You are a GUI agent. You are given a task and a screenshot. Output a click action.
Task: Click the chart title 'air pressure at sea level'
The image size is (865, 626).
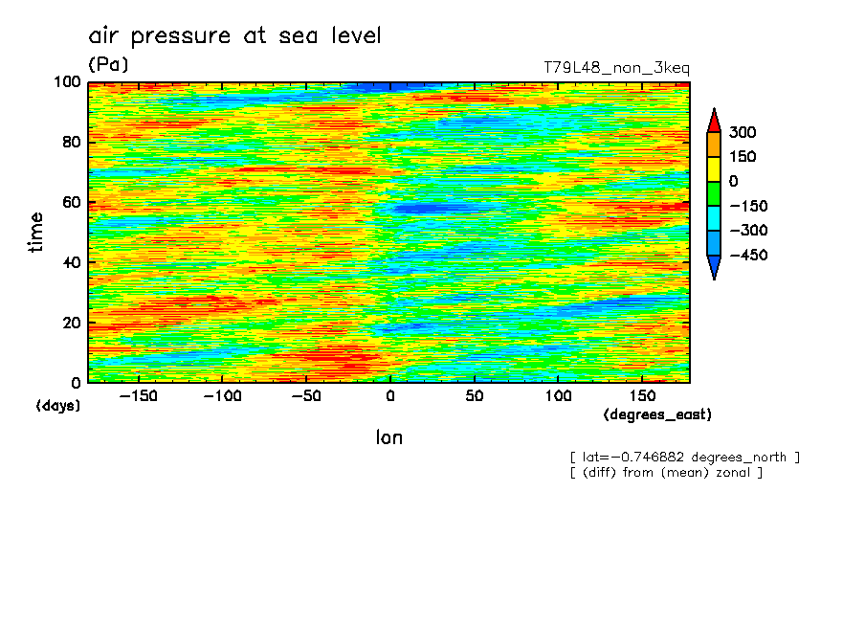point(234,36)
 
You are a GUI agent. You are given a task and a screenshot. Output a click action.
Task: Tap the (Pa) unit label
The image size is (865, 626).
point(108,65)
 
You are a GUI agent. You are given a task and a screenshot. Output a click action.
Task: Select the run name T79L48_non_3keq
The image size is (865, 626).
point(616,68)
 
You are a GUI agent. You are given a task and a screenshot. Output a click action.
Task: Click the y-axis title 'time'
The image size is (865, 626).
point(36,233)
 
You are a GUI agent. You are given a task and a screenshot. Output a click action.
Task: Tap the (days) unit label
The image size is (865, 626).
point(58,406)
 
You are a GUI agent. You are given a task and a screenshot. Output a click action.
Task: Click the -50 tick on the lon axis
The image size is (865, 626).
point(306,396)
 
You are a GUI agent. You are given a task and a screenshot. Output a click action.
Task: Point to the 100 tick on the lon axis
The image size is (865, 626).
point(558,396)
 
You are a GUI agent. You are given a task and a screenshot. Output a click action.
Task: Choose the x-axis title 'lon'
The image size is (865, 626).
point(388,438)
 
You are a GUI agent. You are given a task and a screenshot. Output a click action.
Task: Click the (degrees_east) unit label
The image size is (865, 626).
point(657,414)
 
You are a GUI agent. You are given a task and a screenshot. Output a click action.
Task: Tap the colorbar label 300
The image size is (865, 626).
point(742,132)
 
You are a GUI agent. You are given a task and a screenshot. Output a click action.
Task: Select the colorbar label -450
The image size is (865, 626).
point(748,256)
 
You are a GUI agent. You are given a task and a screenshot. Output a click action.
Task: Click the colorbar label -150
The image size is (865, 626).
point(748,206)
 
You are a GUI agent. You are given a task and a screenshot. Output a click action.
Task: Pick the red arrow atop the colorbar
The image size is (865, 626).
point(714,120)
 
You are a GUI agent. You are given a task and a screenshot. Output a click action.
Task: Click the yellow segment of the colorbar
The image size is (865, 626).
point(714,168)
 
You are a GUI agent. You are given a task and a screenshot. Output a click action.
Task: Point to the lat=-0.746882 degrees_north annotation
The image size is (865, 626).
point(684,458)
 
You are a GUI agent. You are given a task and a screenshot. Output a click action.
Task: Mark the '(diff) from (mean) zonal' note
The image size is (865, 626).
point(666,473)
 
